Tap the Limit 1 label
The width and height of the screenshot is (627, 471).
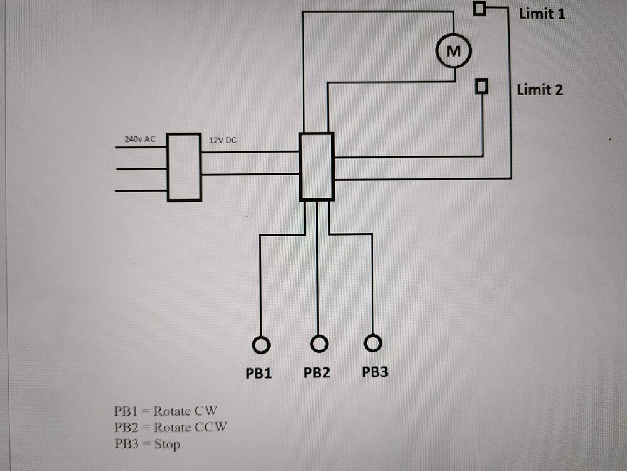tap(542, 13)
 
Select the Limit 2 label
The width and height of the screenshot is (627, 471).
tap(540, 90)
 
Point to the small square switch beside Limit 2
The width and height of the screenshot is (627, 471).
tap(482, 85)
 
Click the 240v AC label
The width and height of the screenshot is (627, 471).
tap(139, 139)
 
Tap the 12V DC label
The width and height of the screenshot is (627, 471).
tap(222, 139)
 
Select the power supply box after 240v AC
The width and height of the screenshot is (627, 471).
tap(185, 167)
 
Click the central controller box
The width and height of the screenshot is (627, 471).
tap(316, 166)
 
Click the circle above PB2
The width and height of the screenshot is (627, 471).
tap(319, 344)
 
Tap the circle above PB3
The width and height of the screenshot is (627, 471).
tap(373, 343)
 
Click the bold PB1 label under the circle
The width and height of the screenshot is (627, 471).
tap(259, 373)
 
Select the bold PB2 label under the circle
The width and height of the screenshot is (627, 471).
tap(317, 372)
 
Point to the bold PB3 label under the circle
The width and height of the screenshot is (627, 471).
tap(375, 372)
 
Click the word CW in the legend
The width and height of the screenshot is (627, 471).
tap(206, 411)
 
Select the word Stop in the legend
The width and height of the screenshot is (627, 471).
tap(167, 445)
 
